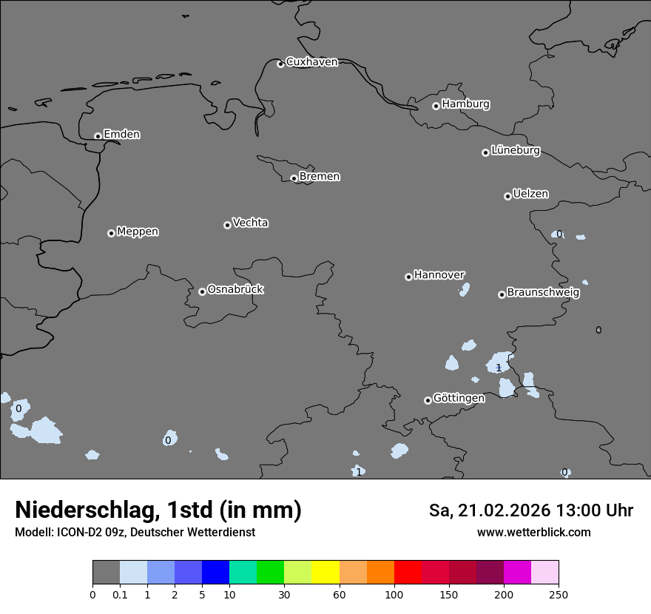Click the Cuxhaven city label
click(311, 62)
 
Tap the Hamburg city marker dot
click(436, 106)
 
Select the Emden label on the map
click(121, 135)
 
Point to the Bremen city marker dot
click(294, 178)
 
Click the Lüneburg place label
click(515, 150)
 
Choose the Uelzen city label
click(530, 194)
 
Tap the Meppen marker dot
click(111, 233)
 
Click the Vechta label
click(250, 223)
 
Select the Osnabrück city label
click(235, 289)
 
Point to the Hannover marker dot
click(408, 277)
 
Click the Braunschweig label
click(543, 292)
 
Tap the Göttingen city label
click(459, 398)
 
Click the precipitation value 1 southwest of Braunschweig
click(499, 368)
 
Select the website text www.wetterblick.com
click(533, 532)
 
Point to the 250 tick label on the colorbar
click(559, 594)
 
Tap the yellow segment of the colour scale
click(325, 573)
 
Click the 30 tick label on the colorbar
click(284, 594)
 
